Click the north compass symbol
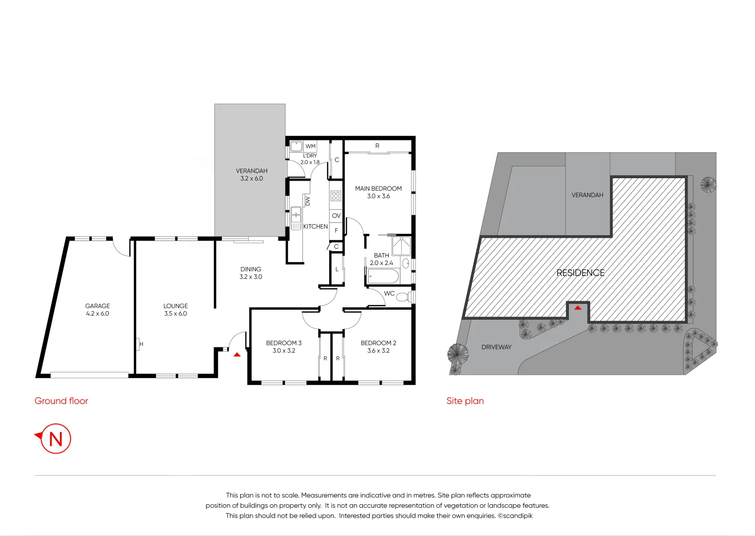coord(55,439)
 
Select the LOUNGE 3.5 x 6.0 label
coord(176,310)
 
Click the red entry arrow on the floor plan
coord(237,354)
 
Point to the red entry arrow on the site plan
coord(578,308)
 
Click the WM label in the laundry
coord(311,146)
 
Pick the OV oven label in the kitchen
coord(336,216)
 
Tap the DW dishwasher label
coord(308,201)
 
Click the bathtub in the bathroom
coord(383,276)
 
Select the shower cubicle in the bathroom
coord(401,246)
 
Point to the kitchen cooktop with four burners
coord(336,196)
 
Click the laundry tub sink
coord(296,146)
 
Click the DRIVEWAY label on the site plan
coord(496,347)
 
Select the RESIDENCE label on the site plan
coord(580,273)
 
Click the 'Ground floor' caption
coord(61,401)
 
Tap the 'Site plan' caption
coord(465,401)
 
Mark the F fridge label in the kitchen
coord(336,231)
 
